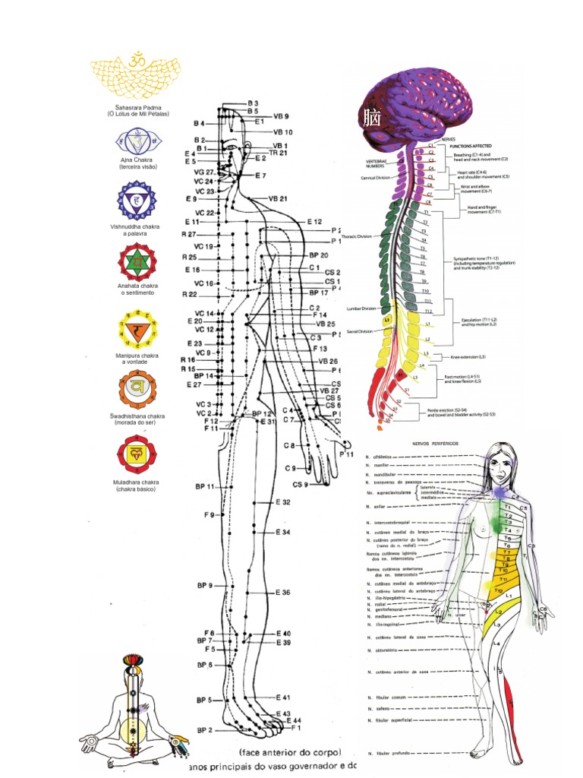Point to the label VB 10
click(x=282, y=131)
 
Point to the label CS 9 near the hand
click(x=300, y=485)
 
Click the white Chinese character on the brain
click(x=372, y=119)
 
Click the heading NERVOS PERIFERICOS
click(x=414, y=443)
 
